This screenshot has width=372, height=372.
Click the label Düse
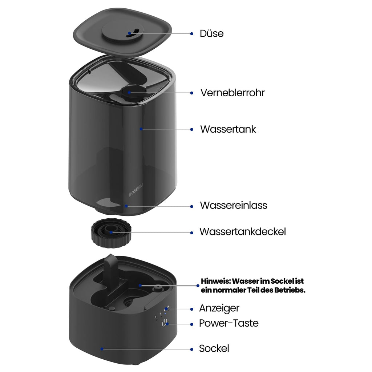click(x=211, y=33)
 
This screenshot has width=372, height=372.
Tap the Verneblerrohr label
click(x=232, y=93)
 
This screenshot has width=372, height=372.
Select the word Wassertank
click(x=228, y=129)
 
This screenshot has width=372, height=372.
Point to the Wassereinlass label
click(x=234, y=206)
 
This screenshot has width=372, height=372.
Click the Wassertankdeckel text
click(x=243, y=232)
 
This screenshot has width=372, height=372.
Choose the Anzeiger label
click(x=219, y=308)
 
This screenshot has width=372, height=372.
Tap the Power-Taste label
click(x=229, y=323)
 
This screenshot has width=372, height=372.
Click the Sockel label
click(x=214, y=348)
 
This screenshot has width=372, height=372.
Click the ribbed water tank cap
click(x=111, y=233)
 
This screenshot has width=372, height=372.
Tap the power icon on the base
click(x=165, y=323)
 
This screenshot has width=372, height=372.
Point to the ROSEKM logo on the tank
click(x=136, y=190)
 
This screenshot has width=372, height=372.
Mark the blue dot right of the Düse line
click(x=192, y=34)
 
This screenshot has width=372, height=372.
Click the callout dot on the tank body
click(x=141, y=129)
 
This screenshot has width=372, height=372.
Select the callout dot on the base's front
click(x=102, y=349)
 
